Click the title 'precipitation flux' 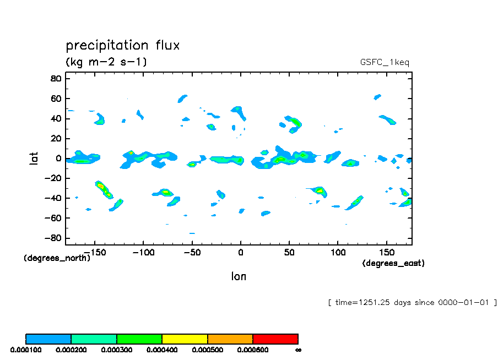coord(122,45)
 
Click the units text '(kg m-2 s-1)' coord(106,62)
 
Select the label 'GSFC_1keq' coord(383,62)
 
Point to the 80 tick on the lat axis coord(56,78)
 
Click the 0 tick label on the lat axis coord(58,159)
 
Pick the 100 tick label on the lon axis coord(338,253)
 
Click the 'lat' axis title coord(34,159)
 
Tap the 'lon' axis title coord(239,276)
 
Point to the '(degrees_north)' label coord(57,258)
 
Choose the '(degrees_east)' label coord(393,264)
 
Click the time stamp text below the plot coord(412,302)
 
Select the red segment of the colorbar coord(275,339)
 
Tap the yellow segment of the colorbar coord(185,339)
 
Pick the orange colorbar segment coord(230,339)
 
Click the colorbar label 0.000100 coord(25,350)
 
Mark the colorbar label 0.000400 coord(162,350)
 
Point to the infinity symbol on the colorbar coord(298,350)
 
